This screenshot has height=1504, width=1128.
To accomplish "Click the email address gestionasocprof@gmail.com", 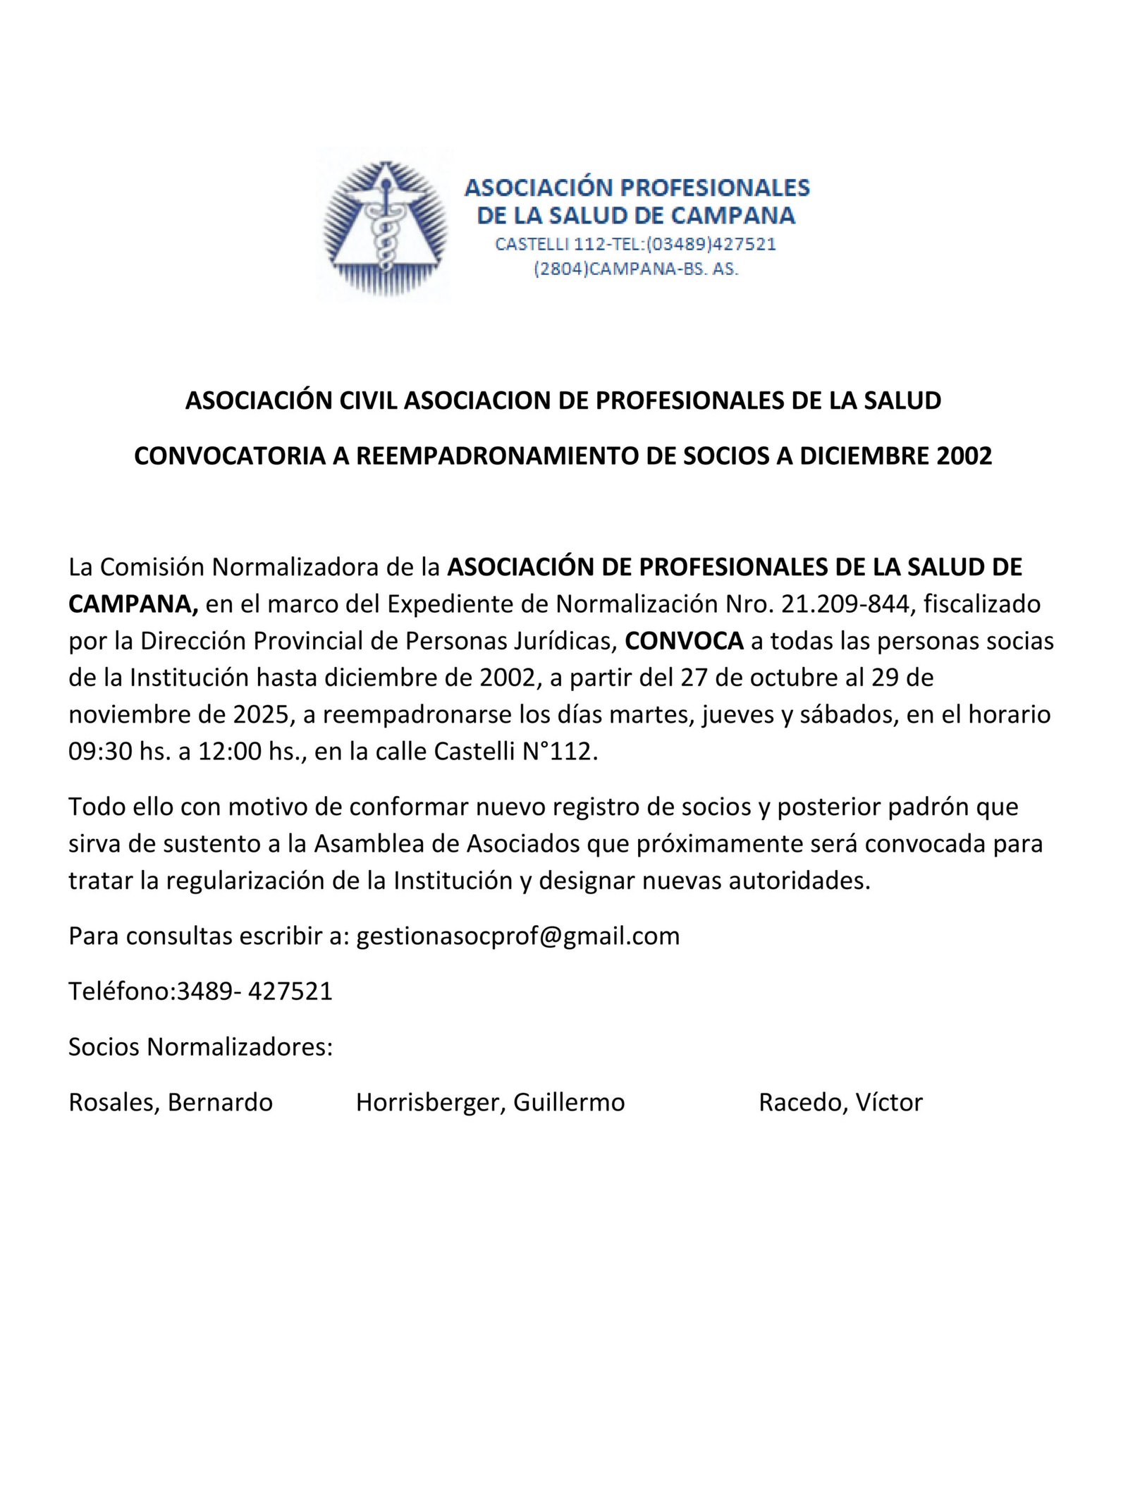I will [x=517, y=936].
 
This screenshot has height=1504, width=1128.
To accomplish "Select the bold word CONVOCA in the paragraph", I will [x=684, y=641].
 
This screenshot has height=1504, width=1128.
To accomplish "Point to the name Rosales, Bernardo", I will [x=171, y=1103].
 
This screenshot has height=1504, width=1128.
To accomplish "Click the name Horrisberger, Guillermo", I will [x=490, y=1103].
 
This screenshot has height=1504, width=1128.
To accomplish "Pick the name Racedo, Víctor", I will [x=840, y=1103].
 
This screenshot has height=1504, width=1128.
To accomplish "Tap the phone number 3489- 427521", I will [x=255, y=991].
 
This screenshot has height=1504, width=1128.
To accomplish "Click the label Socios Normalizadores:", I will [x=200, y=1047].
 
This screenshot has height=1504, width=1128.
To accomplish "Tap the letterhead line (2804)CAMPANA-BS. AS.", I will [x=636, y=269].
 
